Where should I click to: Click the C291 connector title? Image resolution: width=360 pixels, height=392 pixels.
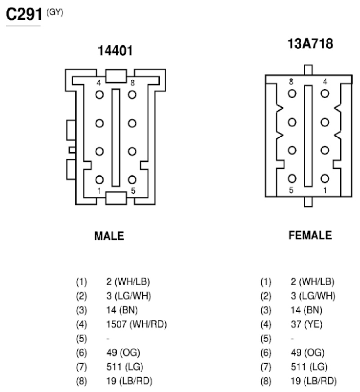(24, 14)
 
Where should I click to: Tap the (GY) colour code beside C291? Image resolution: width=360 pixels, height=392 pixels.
(55, 12)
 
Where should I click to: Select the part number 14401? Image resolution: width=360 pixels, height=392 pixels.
(115, 51)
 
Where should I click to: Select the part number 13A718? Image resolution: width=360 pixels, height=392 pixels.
(310, 44)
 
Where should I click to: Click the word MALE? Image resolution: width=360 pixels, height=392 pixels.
(109, 236)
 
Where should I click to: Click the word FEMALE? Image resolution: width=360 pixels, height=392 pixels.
(310, 235)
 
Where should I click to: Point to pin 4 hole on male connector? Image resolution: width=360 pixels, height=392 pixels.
(99, 95)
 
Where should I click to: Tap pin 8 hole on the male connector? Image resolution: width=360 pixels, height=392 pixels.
(132, 95)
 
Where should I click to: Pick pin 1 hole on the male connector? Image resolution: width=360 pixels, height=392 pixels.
(99, 179)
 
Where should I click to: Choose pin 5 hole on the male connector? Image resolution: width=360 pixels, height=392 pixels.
(132, 179)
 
